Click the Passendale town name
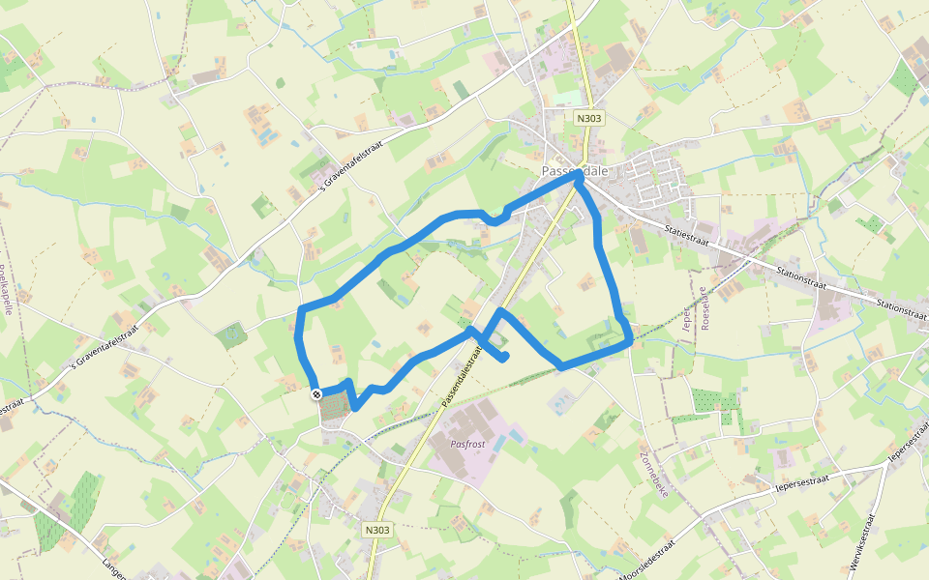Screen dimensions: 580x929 click(574, 170)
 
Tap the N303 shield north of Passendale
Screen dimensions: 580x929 click(586, 119)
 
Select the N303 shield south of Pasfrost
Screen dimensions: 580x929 click(378, 530)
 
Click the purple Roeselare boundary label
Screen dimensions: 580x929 click(704, 307)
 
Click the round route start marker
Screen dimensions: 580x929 click(316, 394)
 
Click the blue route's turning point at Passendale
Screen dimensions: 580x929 click(579, 178)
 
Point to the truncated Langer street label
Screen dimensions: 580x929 click(114, 566)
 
